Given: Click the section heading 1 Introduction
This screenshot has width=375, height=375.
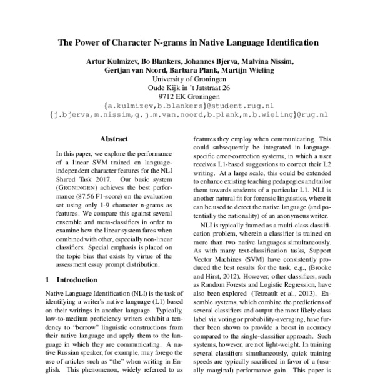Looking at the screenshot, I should [x=77, y=279].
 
